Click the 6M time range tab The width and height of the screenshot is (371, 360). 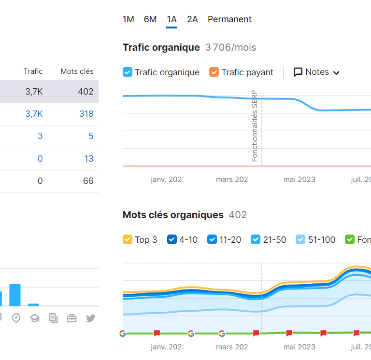pyautogui.click(x=150, y=19)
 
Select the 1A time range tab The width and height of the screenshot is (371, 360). pyautogui.click(x=171, y=19)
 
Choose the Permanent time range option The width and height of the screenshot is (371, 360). pyautogui.click(x=229, y=19)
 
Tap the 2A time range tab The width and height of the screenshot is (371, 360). pyautogui.click(x=192, y=19)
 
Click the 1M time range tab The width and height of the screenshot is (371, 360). pyautogui.click(x=128, y=19)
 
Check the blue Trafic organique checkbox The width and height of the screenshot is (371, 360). pyautogui.click(x=128, y=72)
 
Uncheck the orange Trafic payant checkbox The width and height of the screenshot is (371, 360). pyautogui.click(x=214, y=72)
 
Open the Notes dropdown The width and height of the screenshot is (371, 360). pyautogui.click(x=317, y=72)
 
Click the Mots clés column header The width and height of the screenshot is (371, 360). pyautogui.click(x=77, y=71)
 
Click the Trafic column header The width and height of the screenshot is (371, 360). pyautogui.click(x=33, y=71)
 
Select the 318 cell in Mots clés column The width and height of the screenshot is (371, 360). pyautogui.click(x=86, y=114)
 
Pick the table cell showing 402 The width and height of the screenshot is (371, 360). pyautogui.click(x=86, y=92)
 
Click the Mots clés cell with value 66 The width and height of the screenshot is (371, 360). pyautogui.click(x=88, y=181)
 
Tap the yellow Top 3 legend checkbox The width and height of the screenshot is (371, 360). pyautogui.click(x=128, y=239)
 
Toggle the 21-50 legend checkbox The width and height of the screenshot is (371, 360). pyautogui.click(x=256, y=239)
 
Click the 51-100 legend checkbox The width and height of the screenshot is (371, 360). pyautogui.click(x=300, y=239)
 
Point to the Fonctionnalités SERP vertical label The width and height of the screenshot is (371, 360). pyautogui.click(x=255, y=126)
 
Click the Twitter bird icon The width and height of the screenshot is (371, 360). pyautogui.click(x=90, y=318)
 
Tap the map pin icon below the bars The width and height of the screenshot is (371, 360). pyautogui.click(x=16, y=318)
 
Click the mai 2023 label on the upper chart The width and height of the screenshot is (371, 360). pyautogui.click(x=299, y=180)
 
